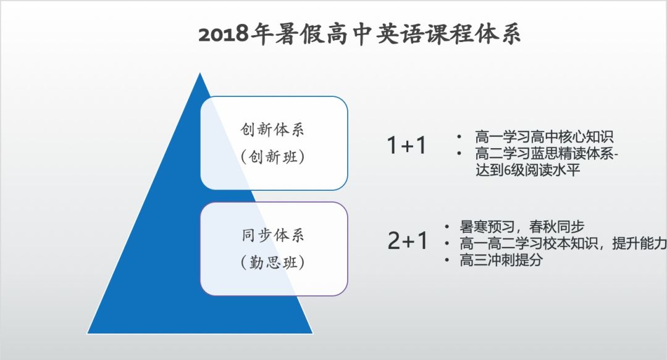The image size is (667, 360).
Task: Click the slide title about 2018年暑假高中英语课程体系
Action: tap(359, 34)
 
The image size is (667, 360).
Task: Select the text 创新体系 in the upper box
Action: tap(274, 131)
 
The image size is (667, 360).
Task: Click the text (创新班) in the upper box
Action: tap(274, 157)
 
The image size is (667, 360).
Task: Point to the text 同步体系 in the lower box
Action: tap(274, 236)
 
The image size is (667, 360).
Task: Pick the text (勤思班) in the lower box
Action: tap(274, 262)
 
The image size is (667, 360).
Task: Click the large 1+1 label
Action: tap(406, 146)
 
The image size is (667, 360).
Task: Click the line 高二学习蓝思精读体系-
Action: tap(547, 154)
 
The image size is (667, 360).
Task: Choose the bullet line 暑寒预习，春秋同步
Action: tap(522, 227)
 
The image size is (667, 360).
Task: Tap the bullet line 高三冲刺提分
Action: tap(501, 261)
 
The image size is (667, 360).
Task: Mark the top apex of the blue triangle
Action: tap(199, 73)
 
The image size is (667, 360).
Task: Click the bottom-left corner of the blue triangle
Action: tap(88, 333)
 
